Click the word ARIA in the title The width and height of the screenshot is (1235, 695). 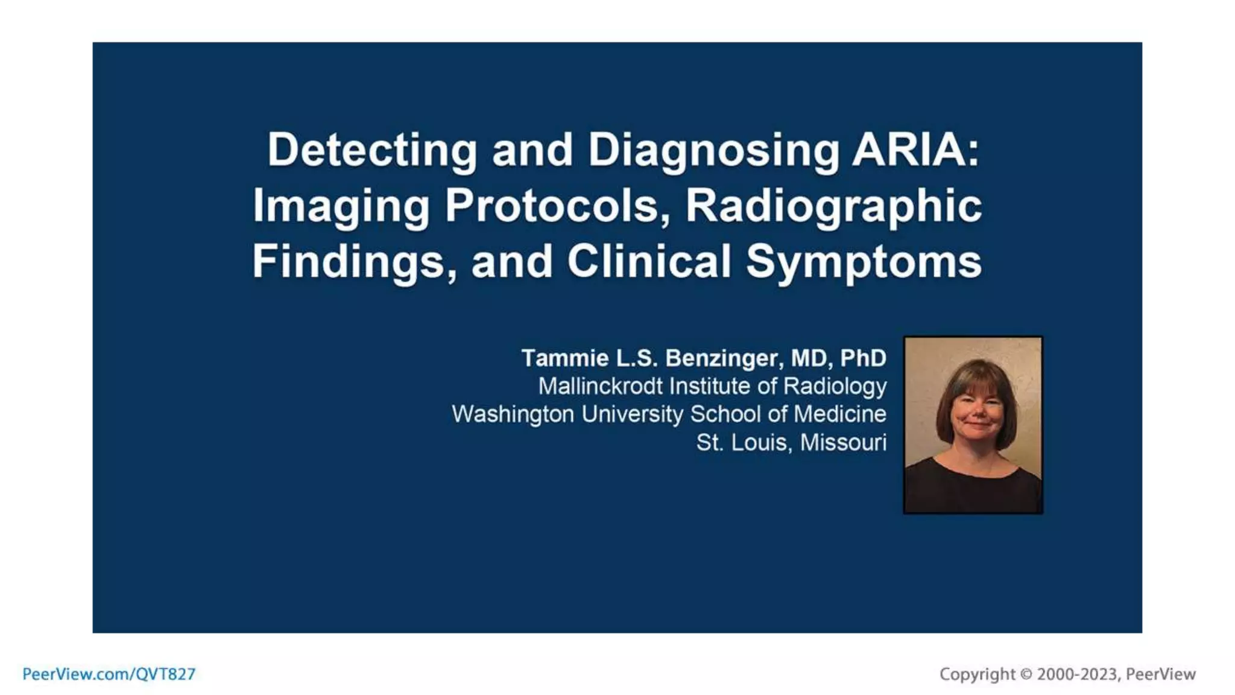pos(915,150)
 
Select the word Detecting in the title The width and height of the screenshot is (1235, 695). pos(372,150)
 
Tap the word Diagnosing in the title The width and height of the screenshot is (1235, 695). pos(713,151)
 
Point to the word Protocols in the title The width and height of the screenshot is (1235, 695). pos(558,206)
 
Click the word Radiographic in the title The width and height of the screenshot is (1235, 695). pos(834,206)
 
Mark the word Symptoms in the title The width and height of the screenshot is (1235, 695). pos(864,262)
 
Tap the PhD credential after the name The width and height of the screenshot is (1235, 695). pos(863,358)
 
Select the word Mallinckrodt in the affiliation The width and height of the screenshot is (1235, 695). pos(600,386)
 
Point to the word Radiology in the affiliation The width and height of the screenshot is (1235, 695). pos(835,386)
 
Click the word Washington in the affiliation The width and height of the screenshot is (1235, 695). pos(513,414)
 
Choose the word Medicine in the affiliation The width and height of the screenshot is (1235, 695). pos(839,414)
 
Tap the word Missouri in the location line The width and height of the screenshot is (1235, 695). pos(843,443)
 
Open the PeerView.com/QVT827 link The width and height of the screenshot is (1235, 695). pos(109,674)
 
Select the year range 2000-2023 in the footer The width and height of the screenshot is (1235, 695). pos(1076,674)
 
